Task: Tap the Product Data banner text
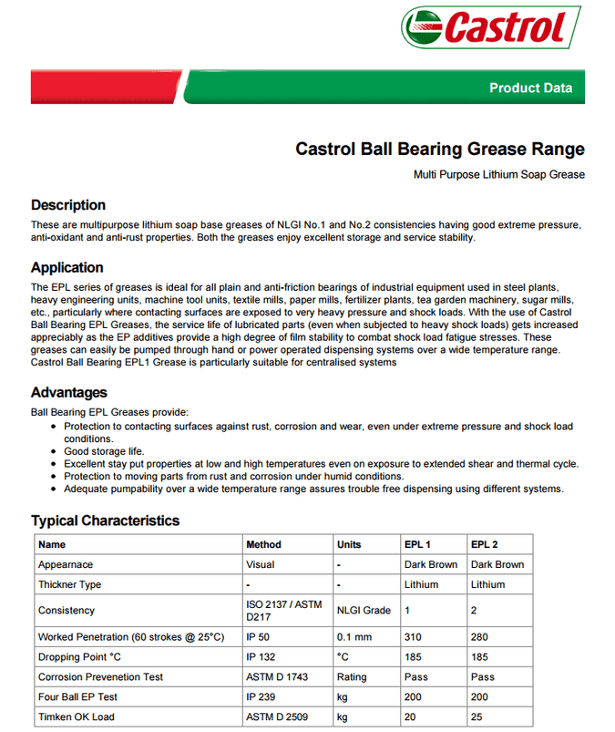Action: tap(530, 88)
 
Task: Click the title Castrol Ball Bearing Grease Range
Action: tap(440, 149)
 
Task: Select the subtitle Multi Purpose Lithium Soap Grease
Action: tap(498, 174)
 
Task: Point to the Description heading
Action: tap(68, 205)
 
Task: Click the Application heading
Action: tap(67, 268)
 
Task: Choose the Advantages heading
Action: tap(69, 393)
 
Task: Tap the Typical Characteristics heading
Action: tap(106, 521)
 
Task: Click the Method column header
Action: tap(264, 544)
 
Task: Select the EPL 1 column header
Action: tap(418, 544)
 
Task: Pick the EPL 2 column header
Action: tap(485, 544)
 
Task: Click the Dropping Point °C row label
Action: tap(80, 657)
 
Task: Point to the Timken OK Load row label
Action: tap(77, 717)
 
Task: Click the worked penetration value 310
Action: tap(414, 636)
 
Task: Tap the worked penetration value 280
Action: tap(480, 636)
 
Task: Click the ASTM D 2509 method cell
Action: tap(277, 717)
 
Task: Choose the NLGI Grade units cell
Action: tap(364, 611)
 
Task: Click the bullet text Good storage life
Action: tap(104, 451)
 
